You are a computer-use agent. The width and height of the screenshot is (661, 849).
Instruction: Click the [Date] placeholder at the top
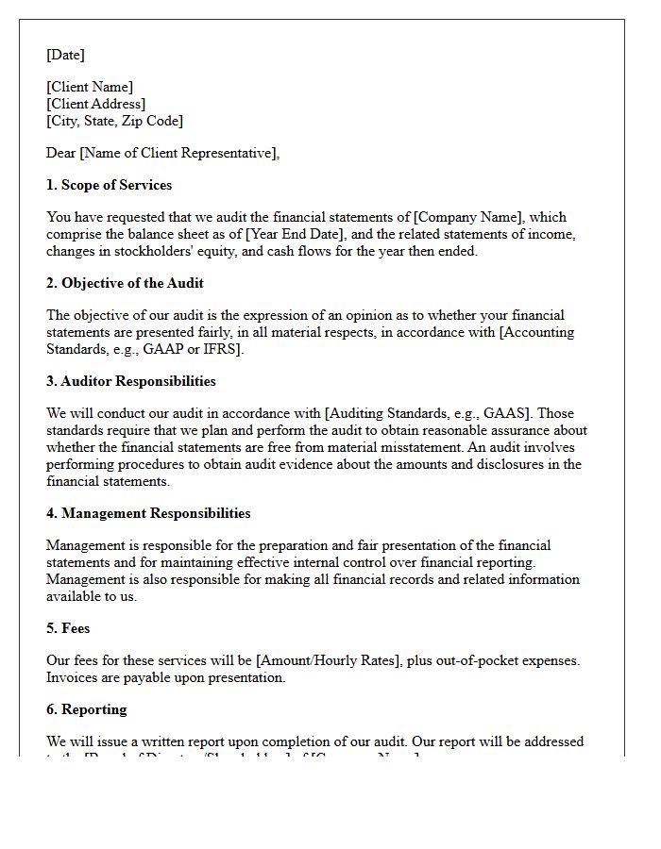pos(65,55)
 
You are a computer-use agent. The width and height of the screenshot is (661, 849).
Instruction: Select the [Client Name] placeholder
pos(90,87)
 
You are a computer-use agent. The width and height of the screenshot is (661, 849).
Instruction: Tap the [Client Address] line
pos(95,104)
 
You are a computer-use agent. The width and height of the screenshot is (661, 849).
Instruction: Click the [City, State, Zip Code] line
pos(114,121)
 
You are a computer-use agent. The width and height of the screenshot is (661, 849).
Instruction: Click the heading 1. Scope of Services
pos(109,185)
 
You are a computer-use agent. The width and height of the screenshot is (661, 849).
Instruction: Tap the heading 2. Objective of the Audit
pos(125,283)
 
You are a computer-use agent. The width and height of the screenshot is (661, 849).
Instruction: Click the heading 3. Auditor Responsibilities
pos(130,381)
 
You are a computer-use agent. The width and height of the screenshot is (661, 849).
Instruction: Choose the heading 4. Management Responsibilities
pos(148,513)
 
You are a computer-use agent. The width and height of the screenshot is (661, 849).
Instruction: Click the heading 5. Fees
pos(68,628)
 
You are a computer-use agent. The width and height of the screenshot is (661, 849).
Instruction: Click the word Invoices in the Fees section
pos(72,677)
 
